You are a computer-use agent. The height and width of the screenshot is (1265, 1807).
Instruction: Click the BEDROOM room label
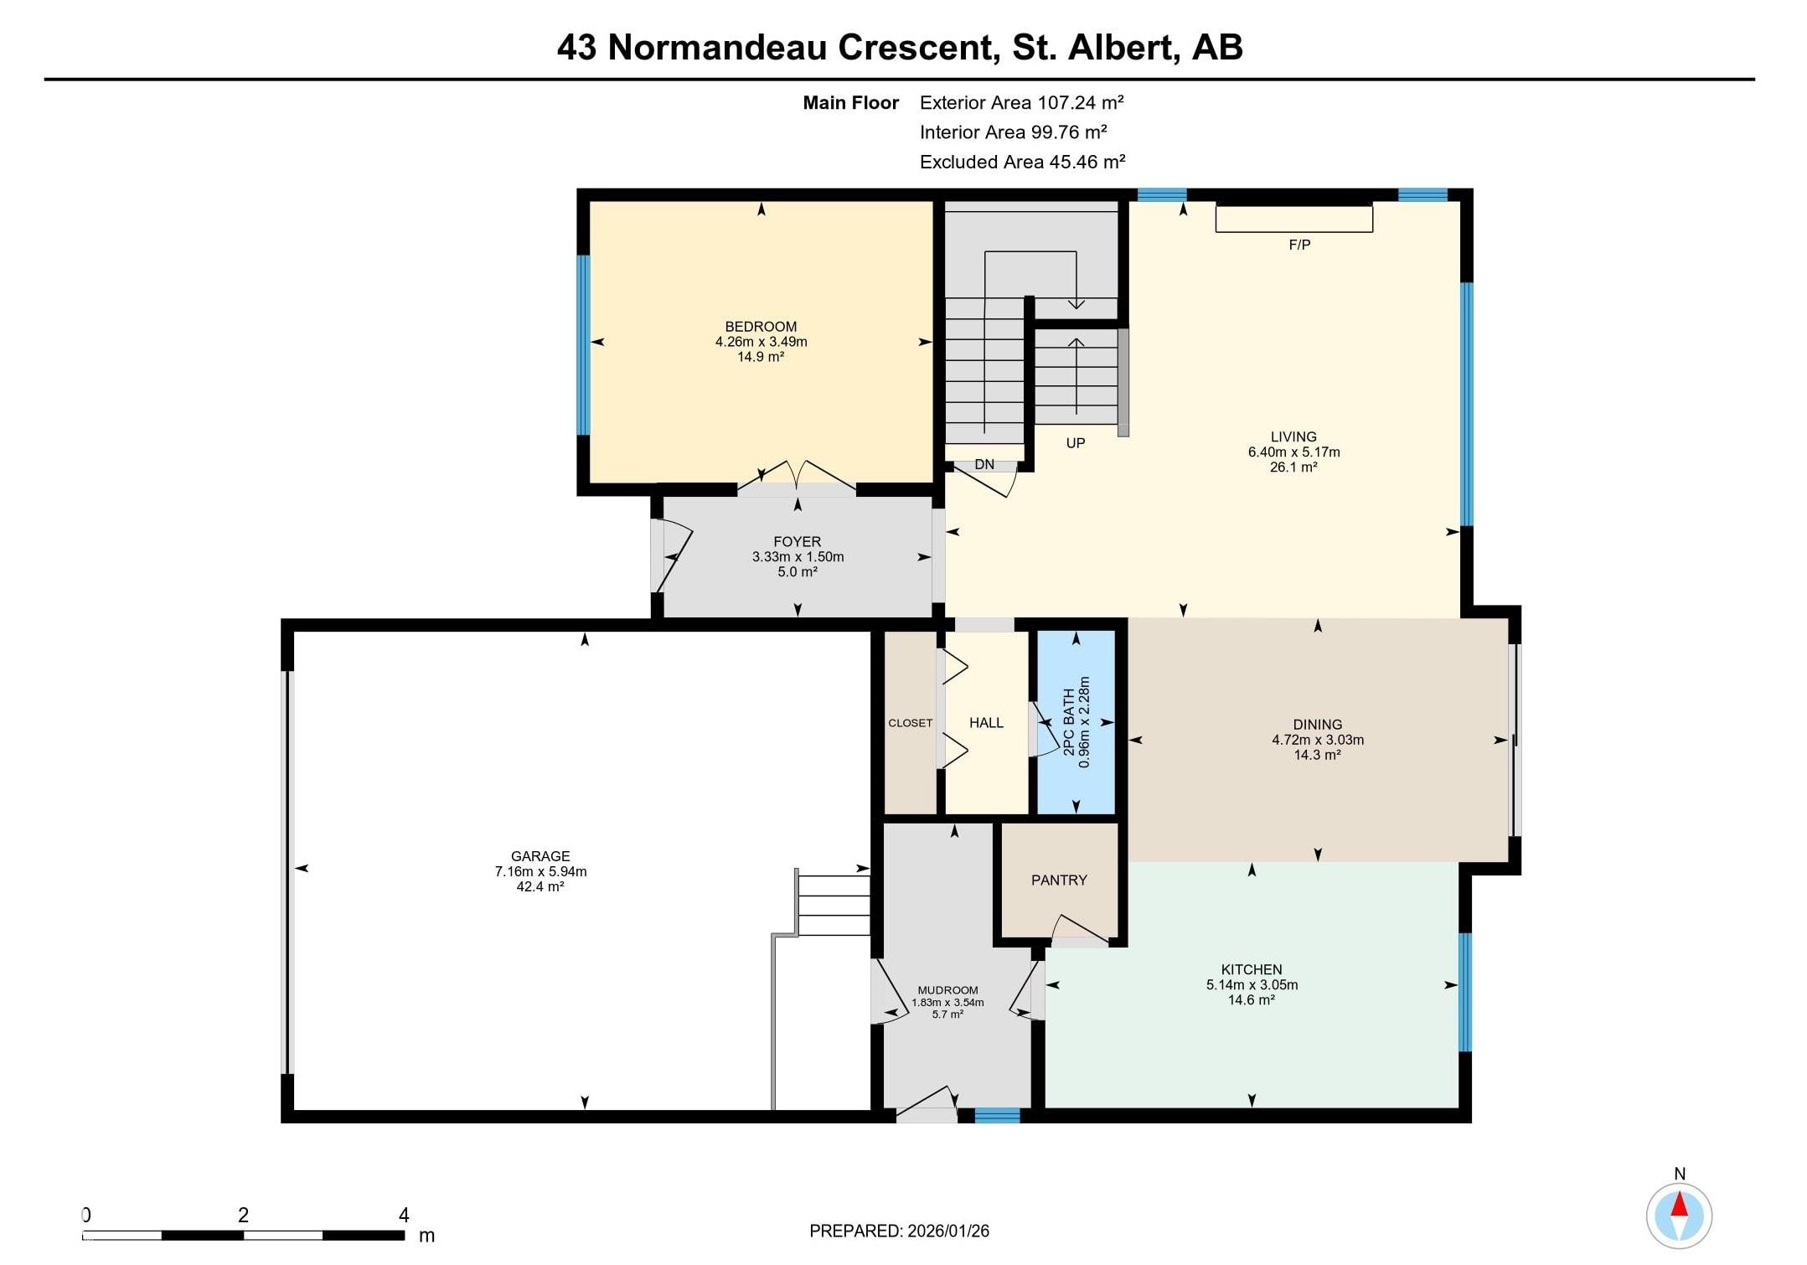[761, 327]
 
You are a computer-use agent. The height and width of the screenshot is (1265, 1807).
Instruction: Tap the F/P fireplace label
[1299, 245]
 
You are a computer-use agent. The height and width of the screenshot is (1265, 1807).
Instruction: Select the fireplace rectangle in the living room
[1294, 219]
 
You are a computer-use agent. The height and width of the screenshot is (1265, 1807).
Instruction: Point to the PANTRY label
[1059, 880]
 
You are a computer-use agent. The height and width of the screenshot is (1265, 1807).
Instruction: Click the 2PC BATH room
[1076, 722]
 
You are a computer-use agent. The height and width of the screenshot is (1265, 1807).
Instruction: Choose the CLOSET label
[911, 723]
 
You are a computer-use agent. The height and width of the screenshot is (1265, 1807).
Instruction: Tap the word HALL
[986, 722]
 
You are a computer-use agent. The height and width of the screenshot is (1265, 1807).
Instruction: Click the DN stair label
[984, 464]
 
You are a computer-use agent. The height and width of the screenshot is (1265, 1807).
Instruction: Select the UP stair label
[1076, 442]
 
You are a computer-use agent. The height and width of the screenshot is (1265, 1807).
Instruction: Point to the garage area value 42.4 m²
[540, 886]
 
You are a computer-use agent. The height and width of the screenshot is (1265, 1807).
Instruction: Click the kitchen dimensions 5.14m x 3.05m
[1252, 984]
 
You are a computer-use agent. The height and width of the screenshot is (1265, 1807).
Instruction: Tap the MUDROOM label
[947, 990]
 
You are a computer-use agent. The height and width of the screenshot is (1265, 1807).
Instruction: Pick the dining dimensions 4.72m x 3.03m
[1318, 740]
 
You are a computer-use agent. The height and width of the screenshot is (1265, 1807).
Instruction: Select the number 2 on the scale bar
[243, 1215]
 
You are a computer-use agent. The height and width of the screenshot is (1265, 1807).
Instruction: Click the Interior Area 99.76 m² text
[1014, 132]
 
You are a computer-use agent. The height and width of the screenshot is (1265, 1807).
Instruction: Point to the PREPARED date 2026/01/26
[947, 1231]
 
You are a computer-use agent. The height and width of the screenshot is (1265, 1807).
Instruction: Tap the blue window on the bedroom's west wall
[584, 345]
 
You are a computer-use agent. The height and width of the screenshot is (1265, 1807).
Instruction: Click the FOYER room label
[798, 542]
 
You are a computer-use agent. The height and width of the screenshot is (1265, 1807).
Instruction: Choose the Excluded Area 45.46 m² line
[1022, 162]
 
